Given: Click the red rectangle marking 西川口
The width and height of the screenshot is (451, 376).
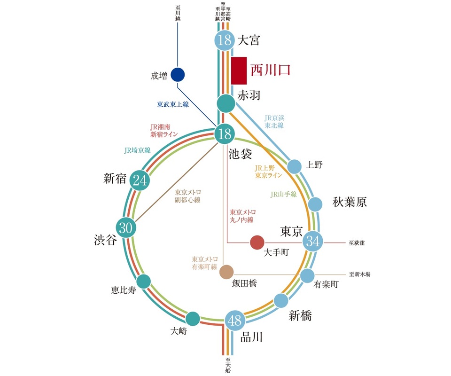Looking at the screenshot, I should pos(239,70).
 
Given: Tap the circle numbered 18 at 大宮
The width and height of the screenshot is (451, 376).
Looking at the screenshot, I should pos(225,40).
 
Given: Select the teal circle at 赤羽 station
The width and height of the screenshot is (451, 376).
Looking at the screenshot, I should pos(226,104).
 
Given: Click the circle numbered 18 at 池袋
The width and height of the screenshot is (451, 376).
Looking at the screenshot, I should pos(225,134).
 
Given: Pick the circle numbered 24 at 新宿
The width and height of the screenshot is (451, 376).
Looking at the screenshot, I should pos(139,180).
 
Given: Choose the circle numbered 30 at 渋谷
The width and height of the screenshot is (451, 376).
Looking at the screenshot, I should pos(126,228).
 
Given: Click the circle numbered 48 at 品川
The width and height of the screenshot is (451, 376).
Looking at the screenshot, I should pos(234,321).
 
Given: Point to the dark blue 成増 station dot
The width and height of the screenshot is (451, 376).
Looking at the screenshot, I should pos(178,74).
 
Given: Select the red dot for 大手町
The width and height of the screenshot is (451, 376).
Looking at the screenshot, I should pos(257,243).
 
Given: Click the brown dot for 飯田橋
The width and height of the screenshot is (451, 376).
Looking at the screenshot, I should pos(226,272).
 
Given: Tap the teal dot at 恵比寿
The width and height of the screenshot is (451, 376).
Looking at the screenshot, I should pos(143,281).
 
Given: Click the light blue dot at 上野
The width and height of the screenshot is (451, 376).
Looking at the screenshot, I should pos(294,166).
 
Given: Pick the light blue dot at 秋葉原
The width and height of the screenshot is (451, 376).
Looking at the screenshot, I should pos(315,204).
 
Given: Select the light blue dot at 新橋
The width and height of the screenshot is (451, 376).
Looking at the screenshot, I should pos(281,300).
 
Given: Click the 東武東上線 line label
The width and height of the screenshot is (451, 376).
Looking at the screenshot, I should pos(172,104).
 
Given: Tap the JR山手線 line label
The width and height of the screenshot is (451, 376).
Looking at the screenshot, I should pos(284,194).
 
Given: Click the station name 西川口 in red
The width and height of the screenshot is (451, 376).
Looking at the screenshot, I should pos(270,70).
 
